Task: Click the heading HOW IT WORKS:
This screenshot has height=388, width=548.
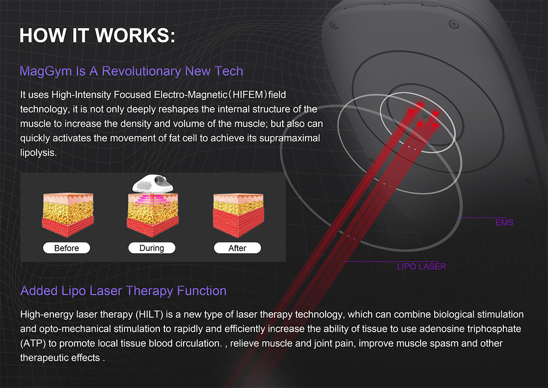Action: point(97,36)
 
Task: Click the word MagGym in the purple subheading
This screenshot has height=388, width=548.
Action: point(46,71)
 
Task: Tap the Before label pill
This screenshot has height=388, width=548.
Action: point(67,248)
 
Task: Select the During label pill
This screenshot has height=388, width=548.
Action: point(152,248)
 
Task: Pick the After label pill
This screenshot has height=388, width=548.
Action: point(237,248)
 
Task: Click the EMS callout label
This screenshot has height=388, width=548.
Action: point(504,223)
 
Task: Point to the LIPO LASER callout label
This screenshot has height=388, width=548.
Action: point(422,266)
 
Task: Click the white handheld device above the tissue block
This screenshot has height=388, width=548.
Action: point(153,184)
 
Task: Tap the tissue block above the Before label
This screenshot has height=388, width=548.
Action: point(68,215)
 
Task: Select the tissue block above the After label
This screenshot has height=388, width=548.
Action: point(238,215)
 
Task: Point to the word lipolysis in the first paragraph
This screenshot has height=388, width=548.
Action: point(38,153)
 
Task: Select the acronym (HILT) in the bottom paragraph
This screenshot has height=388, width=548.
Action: point(149,314)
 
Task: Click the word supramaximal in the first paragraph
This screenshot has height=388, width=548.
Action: point(290,138)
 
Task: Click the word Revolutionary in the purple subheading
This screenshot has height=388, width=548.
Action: point(141,71)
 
